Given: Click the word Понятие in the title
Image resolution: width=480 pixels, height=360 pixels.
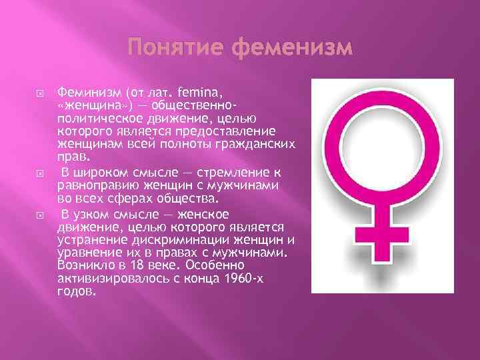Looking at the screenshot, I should [x=167, y=49].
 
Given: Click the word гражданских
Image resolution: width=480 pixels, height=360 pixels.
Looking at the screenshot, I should [x=264, y=143].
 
